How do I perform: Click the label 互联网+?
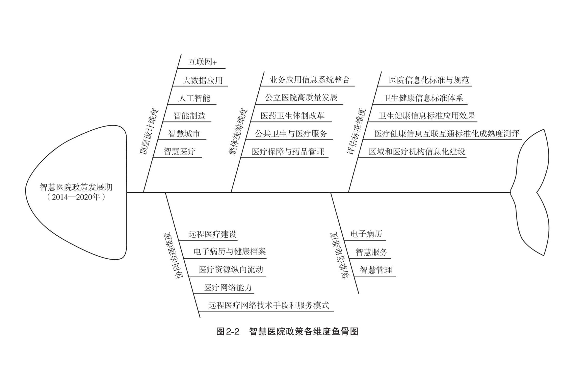click(x=202, y=62)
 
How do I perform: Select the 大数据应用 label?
click(x=203, y=80)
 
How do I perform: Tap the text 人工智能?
click(x=194, y=98)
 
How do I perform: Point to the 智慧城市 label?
click(x=184, y=133)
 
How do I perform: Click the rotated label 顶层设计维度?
click(x=149, y=132)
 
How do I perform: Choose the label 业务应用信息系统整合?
click(x=310, y=80)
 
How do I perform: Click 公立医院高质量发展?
click(x=301, y=97)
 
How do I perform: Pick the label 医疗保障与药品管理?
click(x=288, y=152)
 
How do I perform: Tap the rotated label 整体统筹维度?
click(x=238, y=132)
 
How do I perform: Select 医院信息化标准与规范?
click(x=429, y=80)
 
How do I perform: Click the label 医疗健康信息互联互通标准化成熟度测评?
click(x=447, y=134)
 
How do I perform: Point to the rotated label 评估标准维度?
click(x=356, y=131)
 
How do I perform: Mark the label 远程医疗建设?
click(x=213, y=234)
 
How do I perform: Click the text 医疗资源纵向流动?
click(x=231, y=269)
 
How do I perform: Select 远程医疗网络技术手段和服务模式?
click(x=269, y=305)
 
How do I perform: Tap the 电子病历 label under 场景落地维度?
click(x=366, y=234)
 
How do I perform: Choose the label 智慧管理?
click(x=376, y=270)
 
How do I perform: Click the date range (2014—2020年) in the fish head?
click(x=76, y=197)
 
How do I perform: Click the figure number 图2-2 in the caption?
click(x=228, y=332)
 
